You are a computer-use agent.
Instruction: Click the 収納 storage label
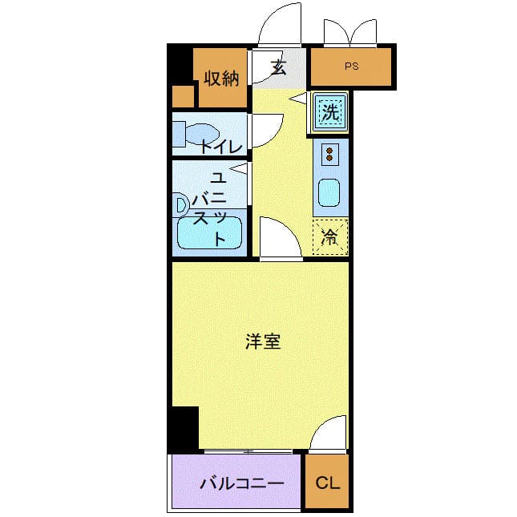tap(221, 79)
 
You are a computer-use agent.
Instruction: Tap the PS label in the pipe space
tap(352, 66)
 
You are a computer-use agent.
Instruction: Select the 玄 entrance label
tap(279, 67)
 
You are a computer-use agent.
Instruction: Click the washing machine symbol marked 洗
tap(330, 111)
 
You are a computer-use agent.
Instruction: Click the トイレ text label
tap(221, 147)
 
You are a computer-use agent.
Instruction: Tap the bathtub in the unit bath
tap(210, 232)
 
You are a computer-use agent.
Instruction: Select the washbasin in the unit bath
tap(180, 205)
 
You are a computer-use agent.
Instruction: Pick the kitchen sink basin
tap(329, 192)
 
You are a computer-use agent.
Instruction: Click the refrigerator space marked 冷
tap(330, 236)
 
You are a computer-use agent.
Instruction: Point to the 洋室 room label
tap(263, 341)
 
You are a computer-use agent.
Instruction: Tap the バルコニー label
tap(242, 483)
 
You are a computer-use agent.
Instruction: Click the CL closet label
tap(327, 483)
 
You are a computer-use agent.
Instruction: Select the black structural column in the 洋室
tap(185, 428)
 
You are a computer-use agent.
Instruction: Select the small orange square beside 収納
tap(183, 96)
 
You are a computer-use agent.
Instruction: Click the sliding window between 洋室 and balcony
tap(248, 451)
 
